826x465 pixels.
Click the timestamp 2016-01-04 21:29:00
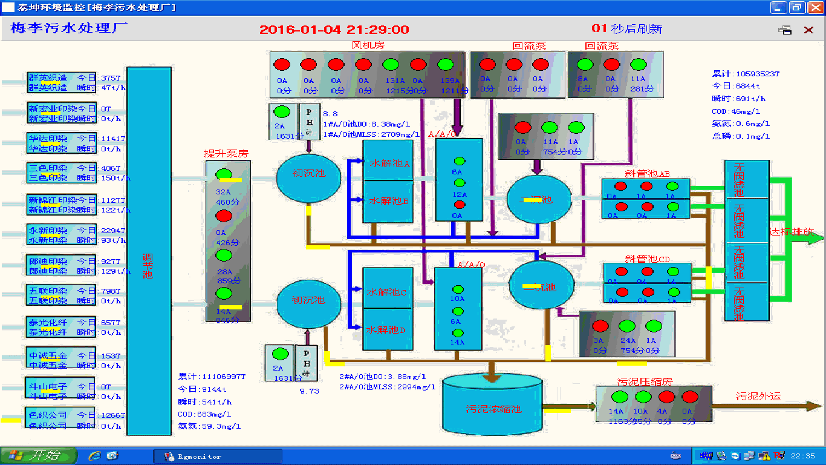[x=334, y=29]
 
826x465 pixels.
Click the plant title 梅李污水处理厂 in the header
[x=68, y=28]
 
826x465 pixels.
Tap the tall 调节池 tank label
[x=148, y=266]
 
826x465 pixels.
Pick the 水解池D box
[x=387, y=330]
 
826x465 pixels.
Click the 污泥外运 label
[x=758, y=396]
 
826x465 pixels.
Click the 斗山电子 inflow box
[x=60, y=386]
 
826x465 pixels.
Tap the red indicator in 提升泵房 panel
[x=224, y=216]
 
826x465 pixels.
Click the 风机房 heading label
[x=368, y=45]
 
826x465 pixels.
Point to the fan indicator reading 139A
[x=445, y=65]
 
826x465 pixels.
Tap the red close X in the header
[x=808, y=30]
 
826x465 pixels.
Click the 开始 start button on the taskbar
[x=39, y=456]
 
